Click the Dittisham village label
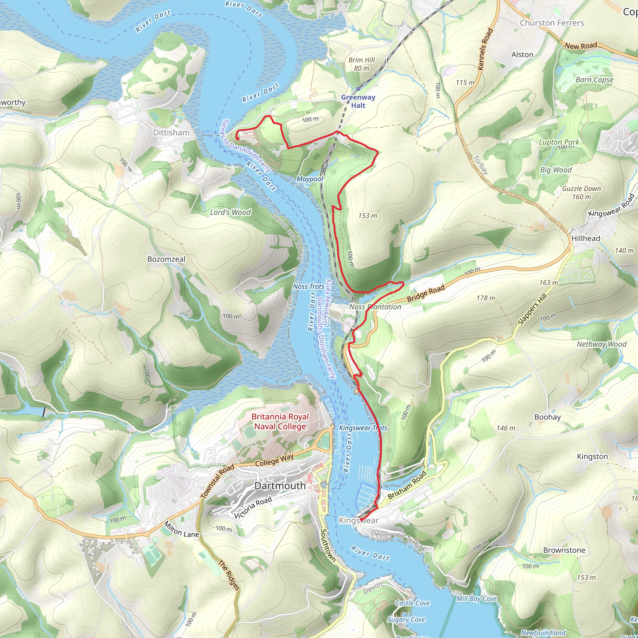[171, 132]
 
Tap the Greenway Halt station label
[358, 101]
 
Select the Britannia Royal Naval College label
[280, 421]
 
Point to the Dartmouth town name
[280, 486]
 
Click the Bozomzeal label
[166, 259]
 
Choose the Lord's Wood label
[230, 212]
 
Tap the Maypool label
[309, 179]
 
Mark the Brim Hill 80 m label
[362, 64]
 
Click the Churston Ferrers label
[552, 23]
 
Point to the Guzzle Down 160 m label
[581, 193]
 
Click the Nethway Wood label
[601, 344]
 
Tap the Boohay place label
[548, 417]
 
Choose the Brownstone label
[564, 550]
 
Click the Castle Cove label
[412, 603]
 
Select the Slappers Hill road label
[532, 309]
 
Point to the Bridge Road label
[426, 293]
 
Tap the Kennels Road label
[485, 49]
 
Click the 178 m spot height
[486, 298]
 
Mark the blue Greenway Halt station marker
[358, 89]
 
